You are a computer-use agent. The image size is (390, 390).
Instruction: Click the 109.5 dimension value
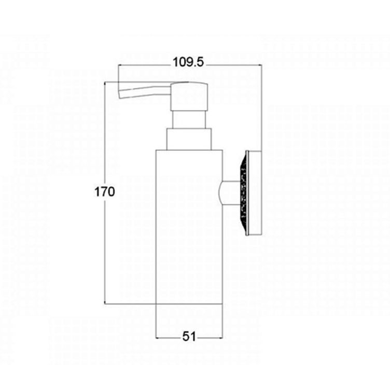coord(188,62)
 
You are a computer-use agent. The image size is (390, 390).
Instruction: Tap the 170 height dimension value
coord(105,192)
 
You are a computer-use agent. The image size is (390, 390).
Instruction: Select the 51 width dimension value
coord(189,337)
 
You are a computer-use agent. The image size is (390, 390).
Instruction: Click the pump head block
coord(189,96)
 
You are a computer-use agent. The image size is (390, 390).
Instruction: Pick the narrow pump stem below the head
coord(189,120)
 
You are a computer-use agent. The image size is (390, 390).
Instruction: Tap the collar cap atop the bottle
coord(189,139)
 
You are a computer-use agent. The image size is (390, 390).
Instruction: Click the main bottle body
coord(189,227)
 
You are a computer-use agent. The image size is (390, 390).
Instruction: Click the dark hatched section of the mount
coord(243,193)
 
